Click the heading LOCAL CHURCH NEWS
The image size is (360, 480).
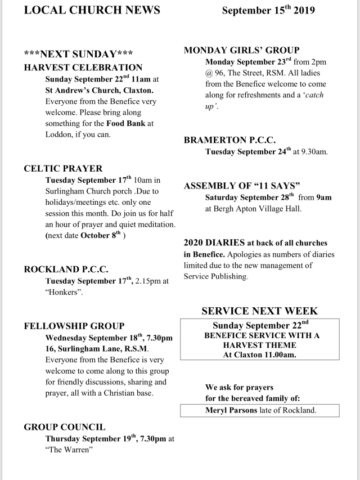point(92,10)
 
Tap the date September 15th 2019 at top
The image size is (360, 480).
point(268,11)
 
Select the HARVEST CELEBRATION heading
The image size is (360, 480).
point(83,67)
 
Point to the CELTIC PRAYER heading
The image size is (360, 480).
point(64,168)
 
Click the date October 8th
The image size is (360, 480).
point(101,236)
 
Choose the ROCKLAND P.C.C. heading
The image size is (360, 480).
point(66,270)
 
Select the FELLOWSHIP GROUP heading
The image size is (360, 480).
point(74,326)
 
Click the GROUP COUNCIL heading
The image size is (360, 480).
point(65,427)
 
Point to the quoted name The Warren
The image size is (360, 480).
point(69,450)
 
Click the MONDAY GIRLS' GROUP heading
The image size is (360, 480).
point(242,51)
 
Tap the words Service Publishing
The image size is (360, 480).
point(215,276)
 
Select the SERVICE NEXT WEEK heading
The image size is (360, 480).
point(259,311)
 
